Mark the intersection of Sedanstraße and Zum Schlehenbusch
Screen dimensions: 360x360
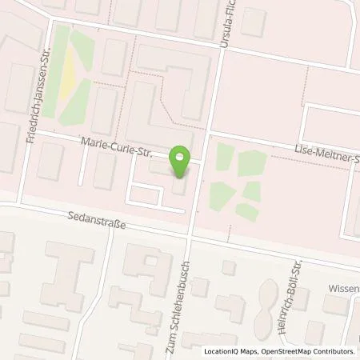(190, 237)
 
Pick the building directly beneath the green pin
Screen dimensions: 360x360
(180, 186)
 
